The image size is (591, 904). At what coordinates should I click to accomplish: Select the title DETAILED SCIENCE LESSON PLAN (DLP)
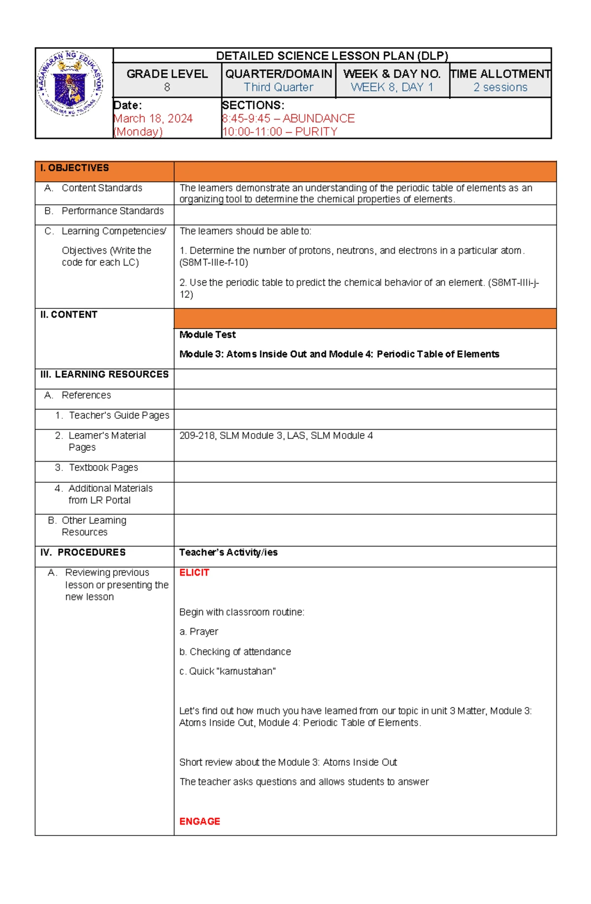pos(332,56)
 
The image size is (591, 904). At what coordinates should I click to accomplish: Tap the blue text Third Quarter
pos(278,88)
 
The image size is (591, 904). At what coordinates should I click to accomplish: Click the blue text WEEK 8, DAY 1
pos(392,88)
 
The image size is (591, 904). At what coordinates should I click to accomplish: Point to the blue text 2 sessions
pos(500,88)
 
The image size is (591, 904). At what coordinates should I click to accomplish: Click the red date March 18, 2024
pos(153,119)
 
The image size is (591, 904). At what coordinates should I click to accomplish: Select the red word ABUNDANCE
pos(319,119)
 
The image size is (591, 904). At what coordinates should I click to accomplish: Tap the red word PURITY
pos(316,132)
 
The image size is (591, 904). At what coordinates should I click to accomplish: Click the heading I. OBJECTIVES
pos(75,168)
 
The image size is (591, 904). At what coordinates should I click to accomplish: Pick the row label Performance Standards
pos(112,211)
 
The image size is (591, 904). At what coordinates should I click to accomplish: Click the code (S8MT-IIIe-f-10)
pos(214,263)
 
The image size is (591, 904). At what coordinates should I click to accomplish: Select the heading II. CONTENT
pos(69,315)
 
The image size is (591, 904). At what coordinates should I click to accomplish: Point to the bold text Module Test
pos(207,335)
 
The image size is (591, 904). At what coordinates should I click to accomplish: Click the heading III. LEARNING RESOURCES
pos(104,374)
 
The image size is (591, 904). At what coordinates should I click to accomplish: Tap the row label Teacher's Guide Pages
pos(119,415)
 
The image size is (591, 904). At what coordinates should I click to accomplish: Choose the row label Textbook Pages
pos(103,468)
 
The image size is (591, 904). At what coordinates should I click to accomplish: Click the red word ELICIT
pos(194,572)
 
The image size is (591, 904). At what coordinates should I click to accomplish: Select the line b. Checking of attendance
pos(235,652)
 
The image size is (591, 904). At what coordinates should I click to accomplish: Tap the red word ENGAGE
pos(199,821)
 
